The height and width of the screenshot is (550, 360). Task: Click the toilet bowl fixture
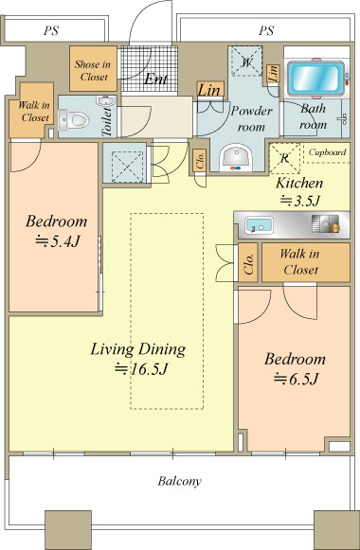[74, 119]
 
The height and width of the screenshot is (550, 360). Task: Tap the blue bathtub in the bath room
[315, 79]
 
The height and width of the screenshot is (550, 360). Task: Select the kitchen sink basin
[259, 225]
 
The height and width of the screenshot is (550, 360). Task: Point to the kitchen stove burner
[326, 223]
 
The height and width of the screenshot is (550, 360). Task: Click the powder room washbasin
[236, 157]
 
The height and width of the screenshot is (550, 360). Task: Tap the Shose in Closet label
[93, 70]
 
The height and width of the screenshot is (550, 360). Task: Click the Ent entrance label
[155, 79]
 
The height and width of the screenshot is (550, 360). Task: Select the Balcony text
[179, 481]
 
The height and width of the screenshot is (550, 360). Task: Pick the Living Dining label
[138, 349]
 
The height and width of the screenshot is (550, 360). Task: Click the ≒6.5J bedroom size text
[297, 379]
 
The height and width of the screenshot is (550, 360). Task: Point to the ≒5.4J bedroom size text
[58, 241]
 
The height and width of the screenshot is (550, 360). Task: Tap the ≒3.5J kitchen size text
[300, 201]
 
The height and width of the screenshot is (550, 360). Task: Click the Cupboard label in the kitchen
[327, 152]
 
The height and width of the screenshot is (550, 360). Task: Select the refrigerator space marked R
[284, 158]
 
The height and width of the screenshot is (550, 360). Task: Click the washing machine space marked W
[246, 62]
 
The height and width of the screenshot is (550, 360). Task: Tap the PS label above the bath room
[266, 30]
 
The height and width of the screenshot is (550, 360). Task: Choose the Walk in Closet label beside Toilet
[34, 111]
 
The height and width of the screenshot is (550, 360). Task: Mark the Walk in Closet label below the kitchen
[300, 261]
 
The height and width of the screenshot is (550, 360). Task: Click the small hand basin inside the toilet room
[105, 100]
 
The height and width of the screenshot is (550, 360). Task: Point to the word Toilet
[107, 121]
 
